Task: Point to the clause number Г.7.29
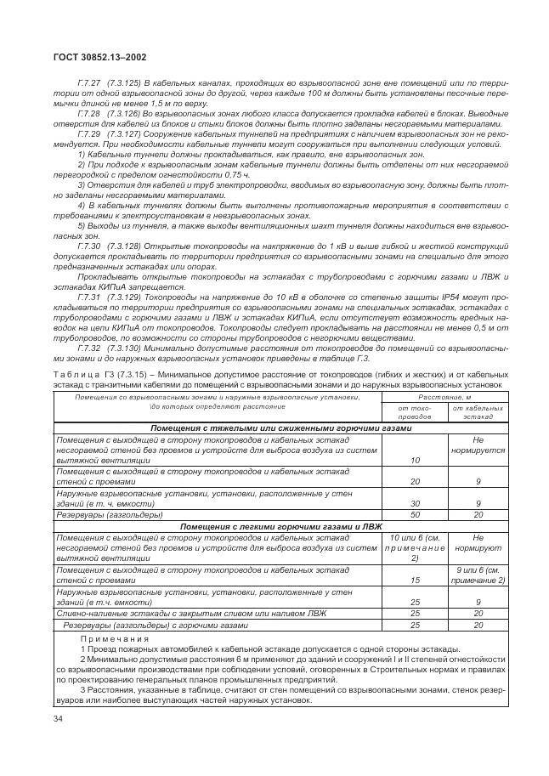pos(88,134)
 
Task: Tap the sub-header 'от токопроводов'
pos(415,413)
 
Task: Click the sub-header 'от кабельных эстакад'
pos(478,413)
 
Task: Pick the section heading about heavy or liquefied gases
pos(281,429)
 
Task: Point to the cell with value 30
pos(415,503)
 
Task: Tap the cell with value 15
pos(415,581)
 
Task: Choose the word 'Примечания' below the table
pos(115,637)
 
